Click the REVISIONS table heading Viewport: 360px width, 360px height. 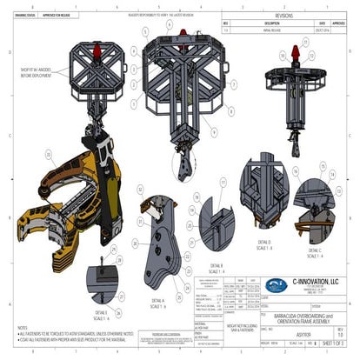(287, 15)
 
